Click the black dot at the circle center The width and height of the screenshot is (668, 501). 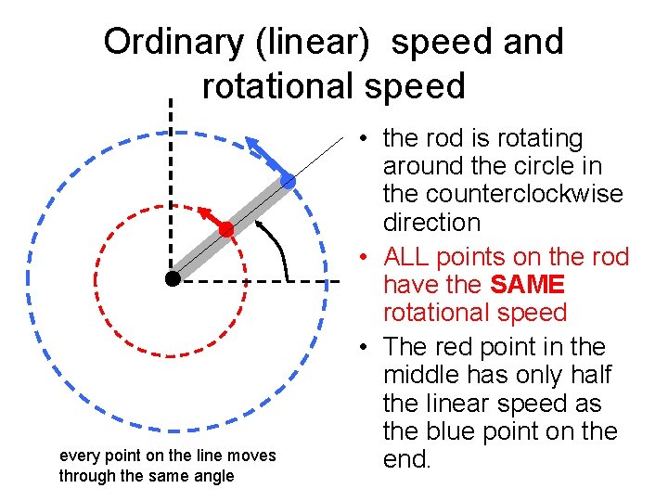173,278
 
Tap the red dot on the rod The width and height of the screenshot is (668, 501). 226,228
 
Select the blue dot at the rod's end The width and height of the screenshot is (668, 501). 289,182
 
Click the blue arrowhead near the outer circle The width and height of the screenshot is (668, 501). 253,142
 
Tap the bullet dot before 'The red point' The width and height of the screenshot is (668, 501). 367,348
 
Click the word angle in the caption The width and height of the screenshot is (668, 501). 213,476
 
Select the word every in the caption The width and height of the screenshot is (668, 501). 77,456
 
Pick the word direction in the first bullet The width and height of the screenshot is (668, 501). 431,223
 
